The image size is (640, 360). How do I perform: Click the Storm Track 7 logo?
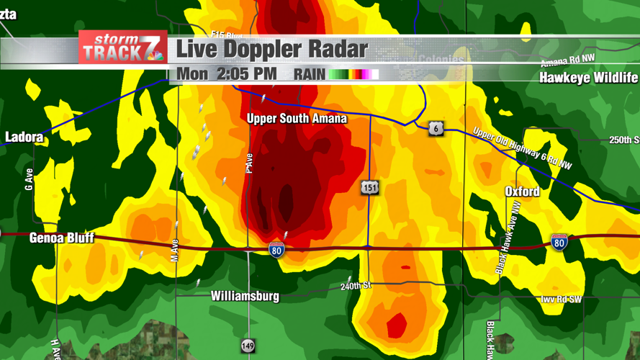tap(122, 48)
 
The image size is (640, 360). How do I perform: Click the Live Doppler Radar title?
tap(272, 50)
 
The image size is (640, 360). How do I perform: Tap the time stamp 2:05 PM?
tap(246, 74)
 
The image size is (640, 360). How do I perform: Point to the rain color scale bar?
tap(353, 74)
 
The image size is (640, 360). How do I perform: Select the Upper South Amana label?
tap(297, 119)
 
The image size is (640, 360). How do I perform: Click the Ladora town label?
tap(24, 137)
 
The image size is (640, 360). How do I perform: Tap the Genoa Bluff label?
tap(61, 238)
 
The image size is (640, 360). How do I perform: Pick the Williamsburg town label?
tap(245, 296)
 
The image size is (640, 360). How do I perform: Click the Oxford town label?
tap(522, 192)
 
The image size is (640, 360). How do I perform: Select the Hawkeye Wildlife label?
tap(588, 78)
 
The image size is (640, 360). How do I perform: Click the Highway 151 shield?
tap(369, 188)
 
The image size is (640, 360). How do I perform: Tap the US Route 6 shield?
tap(436, 128)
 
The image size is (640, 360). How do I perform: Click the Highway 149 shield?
tap(248, 346)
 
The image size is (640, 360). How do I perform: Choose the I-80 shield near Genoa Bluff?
tap(276, 250)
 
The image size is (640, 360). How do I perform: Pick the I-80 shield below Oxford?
tap(559, 242)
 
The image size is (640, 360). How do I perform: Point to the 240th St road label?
tap(356, 287)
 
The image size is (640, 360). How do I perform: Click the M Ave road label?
tap(174, 250)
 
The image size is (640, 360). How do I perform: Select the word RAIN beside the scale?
tap(310, 74)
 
